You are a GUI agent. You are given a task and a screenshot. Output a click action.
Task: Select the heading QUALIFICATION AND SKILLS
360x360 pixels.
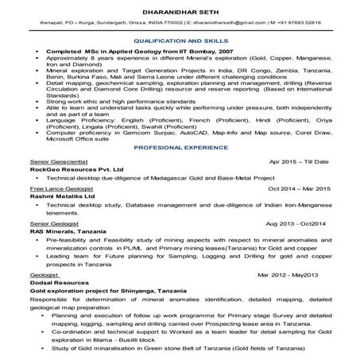[180, 40]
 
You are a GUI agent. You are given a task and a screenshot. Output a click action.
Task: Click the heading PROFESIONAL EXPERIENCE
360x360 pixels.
[180, 149]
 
